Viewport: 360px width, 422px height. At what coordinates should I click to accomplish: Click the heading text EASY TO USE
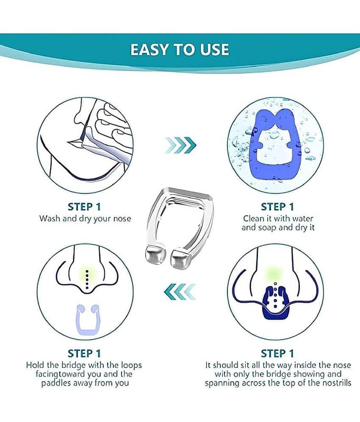[x=180, y=50]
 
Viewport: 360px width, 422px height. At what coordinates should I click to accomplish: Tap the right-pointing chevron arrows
[x=180, y=146]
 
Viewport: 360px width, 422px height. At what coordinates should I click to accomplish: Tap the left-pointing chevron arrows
[x=180, y=292]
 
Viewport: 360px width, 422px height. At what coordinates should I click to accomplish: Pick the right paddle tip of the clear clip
[x=182, y=257]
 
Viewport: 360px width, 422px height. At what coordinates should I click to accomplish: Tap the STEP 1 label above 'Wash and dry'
[x=84, y=207]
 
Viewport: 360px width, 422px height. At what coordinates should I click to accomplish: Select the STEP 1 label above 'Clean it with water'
[x=277, y=207]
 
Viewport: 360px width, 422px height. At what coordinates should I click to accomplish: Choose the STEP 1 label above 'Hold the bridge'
[x=84, y=353]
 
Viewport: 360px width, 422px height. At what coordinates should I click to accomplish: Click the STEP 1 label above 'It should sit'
[x=277, y=353]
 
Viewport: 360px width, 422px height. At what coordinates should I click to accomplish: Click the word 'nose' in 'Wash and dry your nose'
[x=122, y=218]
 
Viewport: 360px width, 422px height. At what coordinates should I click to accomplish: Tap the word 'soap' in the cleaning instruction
[x=267, y=228]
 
